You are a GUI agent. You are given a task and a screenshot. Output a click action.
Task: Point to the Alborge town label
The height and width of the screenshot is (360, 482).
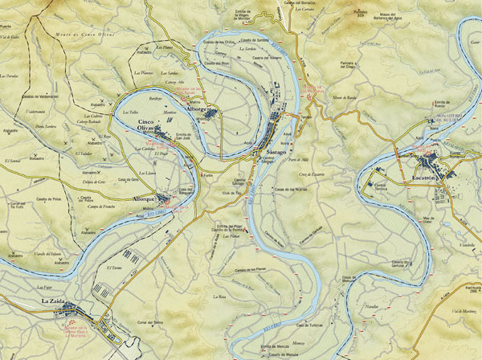tap(197, 108)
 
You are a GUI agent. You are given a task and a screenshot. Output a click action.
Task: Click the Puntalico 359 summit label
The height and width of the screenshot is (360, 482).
tap(360, 13)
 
